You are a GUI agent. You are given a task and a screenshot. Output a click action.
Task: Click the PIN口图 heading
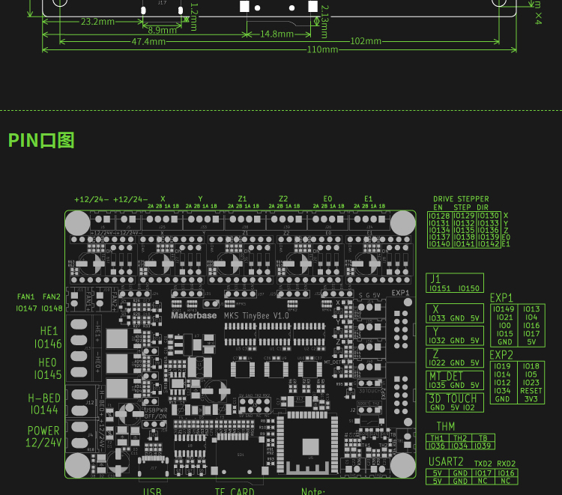click(41, 141)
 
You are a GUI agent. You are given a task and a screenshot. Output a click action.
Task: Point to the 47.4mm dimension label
click(148, 42)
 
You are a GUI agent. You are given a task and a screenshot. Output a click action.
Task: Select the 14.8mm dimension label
click(277, 34)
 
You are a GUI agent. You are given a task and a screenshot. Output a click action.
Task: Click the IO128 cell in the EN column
click(439, 216)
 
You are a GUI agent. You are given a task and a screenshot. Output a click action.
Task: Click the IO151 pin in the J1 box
click(441, 288)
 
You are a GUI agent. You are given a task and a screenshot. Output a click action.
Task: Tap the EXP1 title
click(501, 298)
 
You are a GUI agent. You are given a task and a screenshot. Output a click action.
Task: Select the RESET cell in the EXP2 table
click(531, 391)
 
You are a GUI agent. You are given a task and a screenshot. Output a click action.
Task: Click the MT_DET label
click(445, 376)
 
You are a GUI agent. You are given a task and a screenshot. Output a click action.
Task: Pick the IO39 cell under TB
click(483, 446)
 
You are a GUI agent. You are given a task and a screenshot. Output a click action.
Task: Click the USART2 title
click(447, 461)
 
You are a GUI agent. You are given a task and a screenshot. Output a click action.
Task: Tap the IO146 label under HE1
click(48, 344)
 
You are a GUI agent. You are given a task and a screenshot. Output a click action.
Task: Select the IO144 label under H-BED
click(44, 410)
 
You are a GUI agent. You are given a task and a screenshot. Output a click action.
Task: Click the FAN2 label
click(52, 297)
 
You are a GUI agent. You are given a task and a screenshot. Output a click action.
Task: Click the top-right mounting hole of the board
click(402, 222)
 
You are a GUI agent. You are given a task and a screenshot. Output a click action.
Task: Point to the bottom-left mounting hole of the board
click(77, 464)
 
